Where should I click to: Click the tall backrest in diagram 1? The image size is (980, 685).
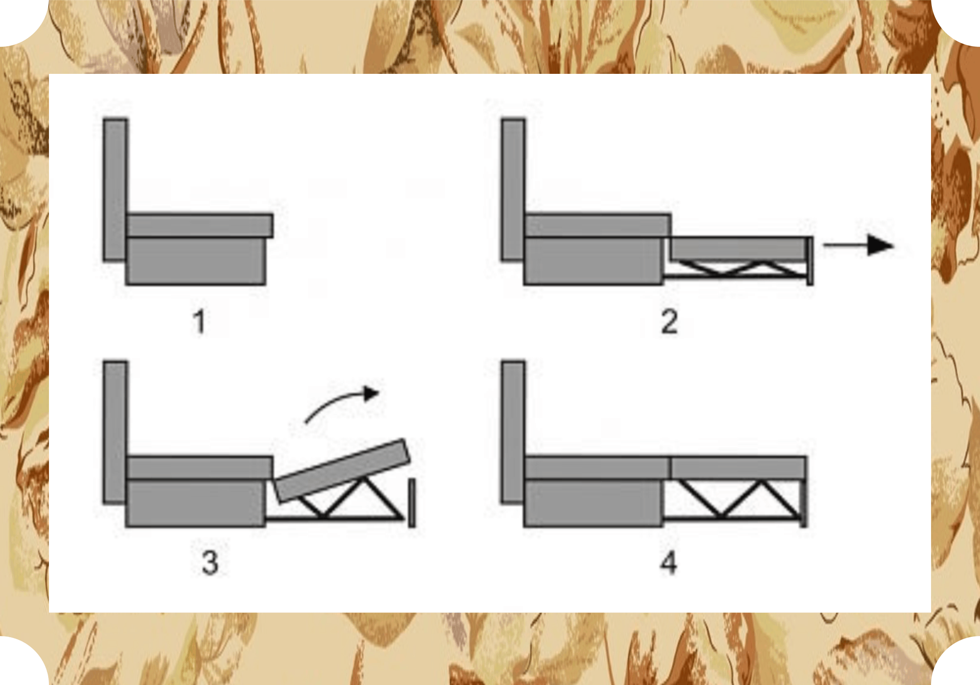(115, 190)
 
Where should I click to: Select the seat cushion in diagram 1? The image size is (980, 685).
(200, 225)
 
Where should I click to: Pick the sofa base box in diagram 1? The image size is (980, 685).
(196, 261)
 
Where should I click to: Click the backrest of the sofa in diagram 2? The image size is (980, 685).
(514, 190)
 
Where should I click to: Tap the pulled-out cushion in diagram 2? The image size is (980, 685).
(738, 248)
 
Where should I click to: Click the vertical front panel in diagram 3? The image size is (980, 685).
(412, 503)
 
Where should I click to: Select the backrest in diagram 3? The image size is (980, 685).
(115, 432)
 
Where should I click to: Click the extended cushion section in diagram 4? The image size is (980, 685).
(738, 468)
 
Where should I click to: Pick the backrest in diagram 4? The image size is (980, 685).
(514, 432)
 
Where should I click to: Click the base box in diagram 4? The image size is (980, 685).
(594, 503)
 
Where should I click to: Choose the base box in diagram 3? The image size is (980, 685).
(196, 503)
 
